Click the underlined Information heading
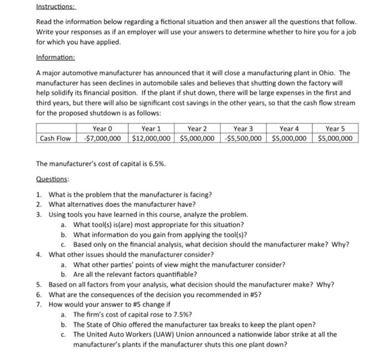pos(55,57)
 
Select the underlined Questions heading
pos(53,179)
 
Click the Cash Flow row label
pos(56,138)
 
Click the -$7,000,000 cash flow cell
pos(104,138)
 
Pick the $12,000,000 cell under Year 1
pos(151,138)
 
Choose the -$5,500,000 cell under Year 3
pos(244,138)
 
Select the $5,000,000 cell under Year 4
pos(290,138)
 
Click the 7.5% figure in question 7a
pos(180,315)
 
